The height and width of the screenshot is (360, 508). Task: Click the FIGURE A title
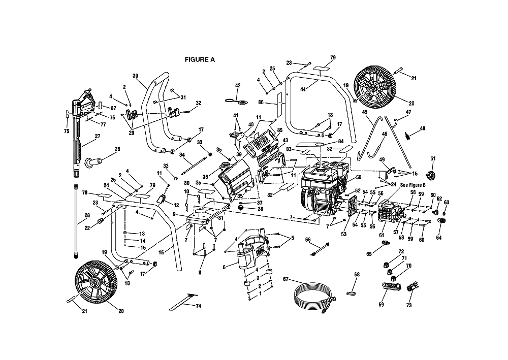click(200, 59)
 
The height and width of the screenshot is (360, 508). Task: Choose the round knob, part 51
click(433, 175)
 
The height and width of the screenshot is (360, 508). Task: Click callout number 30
click(135, 76)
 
